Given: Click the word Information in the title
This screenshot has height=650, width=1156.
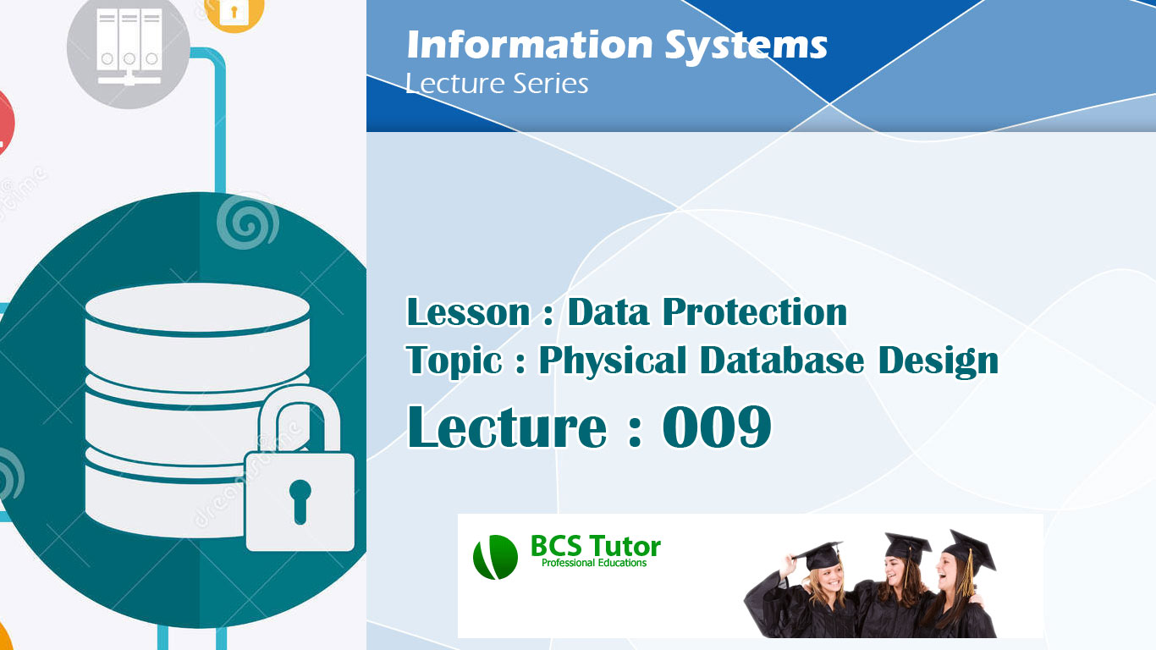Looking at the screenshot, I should pos(530,46).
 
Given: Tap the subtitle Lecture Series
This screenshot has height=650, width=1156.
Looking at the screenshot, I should pos(497,84).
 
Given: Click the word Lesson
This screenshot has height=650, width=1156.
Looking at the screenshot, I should pos(468,312).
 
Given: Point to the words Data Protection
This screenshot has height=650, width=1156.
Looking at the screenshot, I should pos(707,312).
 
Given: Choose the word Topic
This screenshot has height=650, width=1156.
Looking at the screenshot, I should pos(454,361).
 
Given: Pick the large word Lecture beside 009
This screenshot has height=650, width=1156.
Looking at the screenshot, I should pos(507,427).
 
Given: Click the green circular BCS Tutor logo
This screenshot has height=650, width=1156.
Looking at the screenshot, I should pos(495,558).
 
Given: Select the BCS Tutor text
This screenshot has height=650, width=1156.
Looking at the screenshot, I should pos(595,547).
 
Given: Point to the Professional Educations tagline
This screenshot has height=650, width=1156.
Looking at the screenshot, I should pos(594,564).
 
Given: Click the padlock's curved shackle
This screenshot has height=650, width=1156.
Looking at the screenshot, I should pos(300,415).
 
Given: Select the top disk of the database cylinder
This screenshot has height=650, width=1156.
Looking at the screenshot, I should pos(197,309).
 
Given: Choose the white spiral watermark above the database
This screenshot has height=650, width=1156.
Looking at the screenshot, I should pos(246,222).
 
